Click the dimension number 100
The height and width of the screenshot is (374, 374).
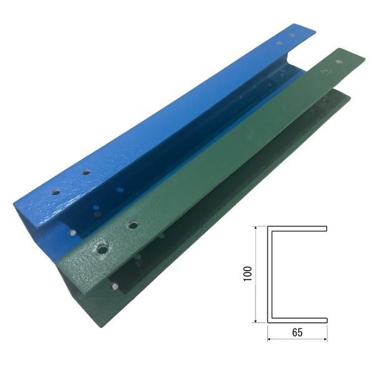[248, 274]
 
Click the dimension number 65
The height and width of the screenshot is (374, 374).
[297, 332]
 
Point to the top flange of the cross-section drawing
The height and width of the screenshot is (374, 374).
[297, 229]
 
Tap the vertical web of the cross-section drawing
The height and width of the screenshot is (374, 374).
[270, 274]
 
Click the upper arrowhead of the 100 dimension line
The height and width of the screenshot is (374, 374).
[256, 228]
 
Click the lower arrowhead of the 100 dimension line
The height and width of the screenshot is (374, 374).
[256, 320]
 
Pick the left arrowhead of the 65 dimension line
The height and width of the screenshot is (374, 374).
[270, 338]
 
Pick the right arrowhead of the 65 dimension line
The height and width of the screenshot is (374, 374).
[325, 338]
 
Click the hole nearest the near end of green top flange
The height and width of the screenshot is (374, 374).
[103, 249]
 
